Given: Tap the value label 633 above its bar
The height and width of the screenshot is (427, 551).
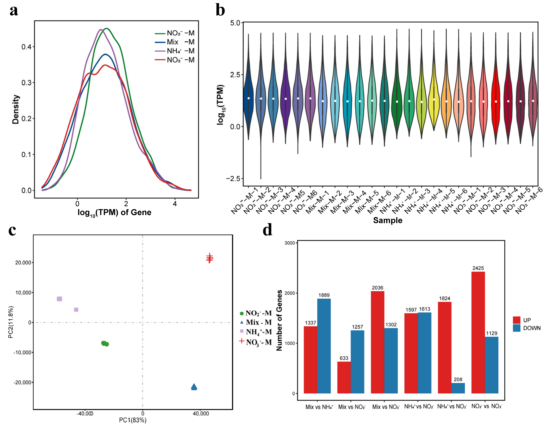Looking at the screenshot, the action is [344, 358].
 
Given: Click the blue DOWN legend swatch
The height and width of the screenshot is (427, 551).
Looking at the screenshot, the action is [516, 328].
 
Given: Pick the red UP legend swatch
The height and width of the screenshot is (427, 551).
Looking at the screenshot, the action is [516, 320].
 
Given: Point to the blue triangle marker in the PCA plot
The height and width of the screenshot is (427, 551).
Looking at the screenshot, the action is [194, 387].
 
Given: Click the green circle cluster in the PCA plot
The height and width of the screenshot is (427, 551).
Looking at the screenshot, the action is [105, 343].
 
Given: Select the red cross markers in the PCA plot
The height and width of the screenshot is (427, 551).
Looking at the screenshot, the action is [209, 258].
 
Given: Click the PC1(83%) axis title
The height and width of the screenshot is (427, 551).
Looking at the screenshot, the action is [133, 420].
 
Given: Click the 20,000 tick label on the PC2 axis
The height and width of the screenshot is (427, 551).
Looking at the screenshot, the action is [23, 263].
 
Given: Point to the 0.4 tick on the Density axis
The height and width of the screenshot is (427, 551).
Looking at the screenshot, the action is [26, 47].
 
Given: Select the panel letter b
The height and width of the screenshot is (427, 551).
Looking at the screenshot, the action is [220, 10].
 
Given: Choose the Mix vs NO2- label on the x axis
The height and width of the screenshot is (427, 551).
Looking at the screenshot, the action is [352, 407].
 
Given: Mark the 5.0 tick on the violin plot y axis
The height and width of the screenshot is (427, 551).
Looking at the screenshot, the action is [235, 23].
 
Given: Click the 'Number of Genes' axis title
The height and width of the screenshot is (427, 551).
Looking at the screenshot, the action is [279, 320].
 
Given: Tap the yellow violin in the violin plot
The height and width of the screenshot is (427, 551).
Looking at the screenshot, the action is [434, 101].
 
